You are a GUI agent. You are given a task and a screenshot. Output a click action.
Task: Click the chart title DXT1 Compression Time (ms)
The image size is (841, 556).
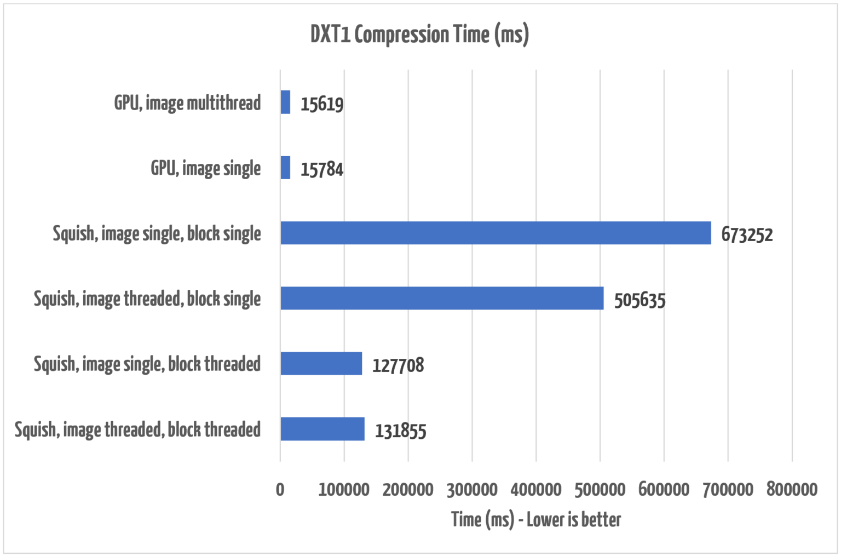[419, 35]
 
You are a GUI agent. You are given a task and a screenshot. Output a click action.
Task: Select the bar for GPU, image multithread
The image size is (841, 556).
[285, 102]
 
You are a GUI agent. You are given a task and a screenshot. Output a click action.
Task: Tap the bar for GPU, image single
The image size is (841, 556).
[285, 168]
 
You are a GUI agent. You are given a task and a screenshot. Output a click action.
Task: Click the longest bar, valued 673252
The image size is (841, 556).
[496, 233]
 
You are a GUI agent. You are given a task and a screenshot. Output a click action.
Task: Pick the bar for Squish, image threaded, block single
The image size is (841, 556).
[442, 298]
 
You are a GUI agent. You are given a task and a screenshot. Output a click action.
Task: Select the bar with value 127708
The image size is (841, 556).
[321, 363]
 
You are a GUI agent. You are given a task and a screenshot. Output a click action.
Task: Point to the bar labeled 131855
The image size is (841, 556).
[322, 429]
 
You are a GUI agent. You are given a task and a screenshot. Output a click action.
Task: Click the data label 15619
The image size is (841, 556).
[322, 104]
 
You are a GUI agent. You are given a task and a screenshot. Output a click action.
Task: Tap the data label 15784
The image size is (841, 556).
[322, 169]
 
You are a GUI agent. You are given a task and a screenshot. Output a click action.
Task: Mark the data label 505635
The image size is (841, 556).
[640, 300]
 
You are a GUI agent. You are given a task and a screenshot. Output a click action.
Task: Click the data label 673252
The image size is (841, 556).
[747, 234]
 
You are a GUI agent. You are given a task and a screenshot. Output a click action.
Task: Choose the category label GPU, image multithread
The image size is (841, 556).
[187, 102]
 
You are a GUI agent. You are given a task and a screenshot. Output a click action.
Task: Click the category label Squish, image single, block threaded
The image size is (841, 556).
[147, 364]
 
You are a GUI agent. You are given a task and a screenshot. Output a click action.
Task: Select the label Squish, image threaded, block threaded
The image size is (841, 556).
[137, 429]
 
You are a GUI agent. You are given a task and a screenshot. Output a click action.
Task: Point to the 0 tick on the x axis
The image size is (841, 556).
[280, 489]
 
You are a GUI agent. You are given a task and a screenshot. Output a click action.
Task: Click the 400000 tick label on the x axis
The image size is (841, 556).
[536, 489]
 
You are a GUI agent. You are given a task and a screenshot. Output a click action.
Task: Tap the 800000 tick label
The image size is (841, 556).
[792, 489]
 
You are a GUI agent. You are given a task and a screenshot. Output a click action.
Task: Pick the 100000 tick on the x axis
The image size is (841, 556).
[344, 489]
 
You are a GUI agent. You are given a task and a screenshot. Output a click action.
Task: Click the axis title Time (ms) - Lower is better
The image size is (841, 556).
[536, 519]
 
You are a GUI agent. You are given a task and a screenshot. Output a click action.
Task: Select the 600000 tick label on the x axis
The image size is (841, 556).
[664, 489]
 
